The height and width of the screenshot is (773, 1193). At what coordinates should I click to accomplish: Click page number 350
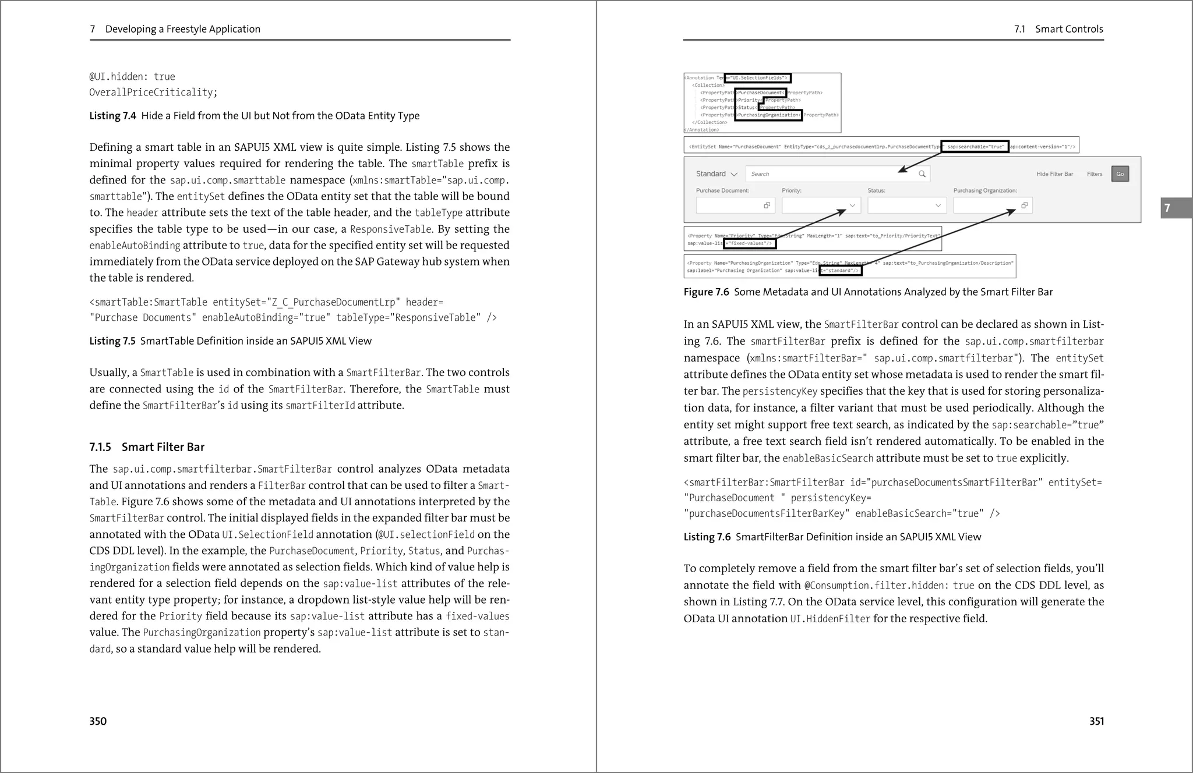[x=98, y=721]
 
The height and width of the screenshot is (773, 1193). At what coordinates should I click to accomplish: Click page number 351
[x=1096, y=721]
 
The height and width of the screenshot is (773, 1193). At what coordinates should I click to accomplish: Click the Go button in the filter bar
[x=1120, y=174]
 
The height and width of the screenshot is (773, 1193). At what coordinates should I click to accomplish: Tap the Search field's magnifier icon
[x=922, y=174]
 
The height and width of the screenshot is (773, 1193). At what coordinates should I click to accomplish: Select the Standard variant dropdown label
[x=711, y=174]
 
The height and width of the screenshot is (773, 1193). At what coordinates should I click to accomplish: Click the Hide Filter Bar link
[x=1054, y=174]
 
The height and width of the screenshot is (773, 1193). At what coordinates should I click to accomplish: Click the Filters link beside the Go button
[x=1094, y=174]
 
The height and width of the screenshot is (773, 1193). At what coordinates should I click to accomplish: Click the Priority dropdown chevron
[x=852, y=205]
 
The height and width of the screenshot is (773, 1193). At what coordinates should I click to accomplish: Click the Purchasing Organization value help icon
[x=1024, y=205]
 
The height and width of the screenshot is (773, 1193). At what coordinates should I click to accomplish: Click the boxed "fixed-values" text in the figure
[x=750, y=243]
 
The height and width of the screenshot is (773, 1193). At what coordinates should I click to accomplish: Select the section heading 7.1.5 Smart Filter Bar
[x=147, y=447]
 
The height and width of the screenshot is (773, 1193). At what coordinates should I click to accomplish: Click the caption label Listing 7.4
[x=112, y=116]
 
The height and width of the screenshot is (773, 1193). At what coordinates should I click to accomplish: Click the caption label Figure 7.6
[x=706, y=292]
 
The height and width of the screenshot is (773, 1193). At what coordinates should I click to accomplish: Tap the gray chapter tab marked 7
[x=1175, y=208]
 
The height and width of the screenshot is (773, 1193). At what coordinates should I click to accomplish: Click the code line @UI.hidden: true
[x=132, y=77]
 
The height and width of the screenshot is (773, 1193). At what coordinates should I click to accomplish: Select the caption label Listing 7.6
[x=707, y=537]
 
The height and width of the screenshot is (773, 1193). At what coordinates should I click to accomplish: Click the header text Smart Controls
[x=1069, y=29]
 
